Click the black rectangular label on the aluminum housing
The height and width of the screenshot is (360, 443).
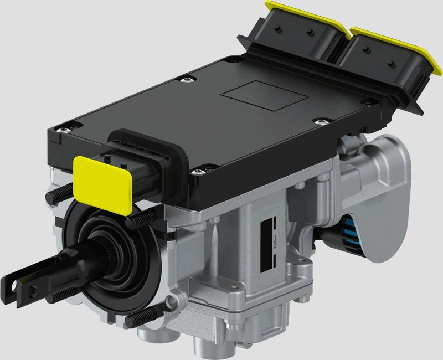coord(269,244)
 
